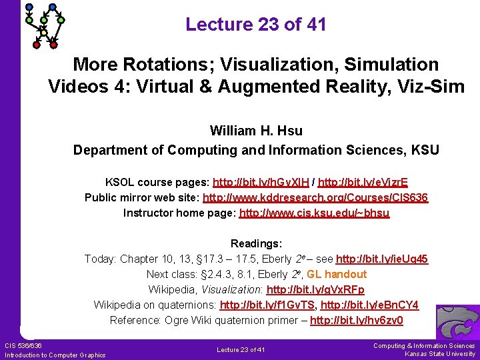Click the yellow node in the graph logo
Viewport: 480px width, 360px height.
pyautogui.click(x=44, y=33)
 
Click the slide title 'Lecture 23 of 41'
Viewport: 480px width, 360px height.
pyautogui.click(x=256, y=25)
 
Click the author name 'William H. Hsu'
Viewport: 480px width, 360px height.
pyautogui.click(x=256, y=130)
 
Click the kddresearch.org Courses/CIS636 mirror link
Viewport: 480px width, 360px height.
pyautogui.click(x=315, y=197)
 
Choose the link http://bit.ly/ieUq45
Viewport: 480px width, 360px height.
pyautogui.click(x=382, y=259)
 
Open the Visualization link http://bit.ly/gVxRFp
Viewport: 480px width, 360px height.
pyautogui.click(x=315, y=289)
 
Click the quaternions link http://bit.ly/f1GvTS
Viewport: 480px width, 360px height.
pyautogui.click(x=267, y=305)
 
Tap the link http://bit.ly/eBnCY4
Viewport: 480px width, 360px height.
pyautogui.click(x=369, y=305)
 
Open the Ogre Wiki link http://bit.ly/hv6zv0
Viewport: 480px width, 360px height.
pyautogui.click(x=357, y=320)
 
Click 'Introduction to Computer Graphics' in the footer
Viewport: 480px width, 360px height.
pyautogui.click(x=55, y=355)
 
